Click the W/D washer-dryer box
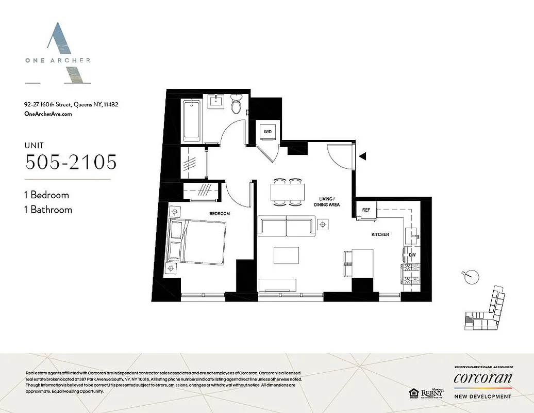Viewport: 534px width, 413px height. pos(268,132)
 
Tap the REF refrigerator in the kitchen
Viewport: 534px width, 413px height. pos(366,210)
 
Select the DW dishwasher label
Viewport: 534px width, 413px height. pos(412,255)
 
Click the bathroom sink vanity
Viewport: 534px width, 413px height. pos(216,101)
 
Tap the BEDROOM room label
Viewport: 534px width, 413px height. pos(219,213)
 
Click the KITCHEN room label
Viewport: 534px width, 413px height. pos(380,234)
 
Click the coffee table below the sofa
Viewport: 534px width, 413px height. pos(286,256)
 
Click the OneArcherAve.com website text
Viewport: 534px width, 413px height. pos(48,114)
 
